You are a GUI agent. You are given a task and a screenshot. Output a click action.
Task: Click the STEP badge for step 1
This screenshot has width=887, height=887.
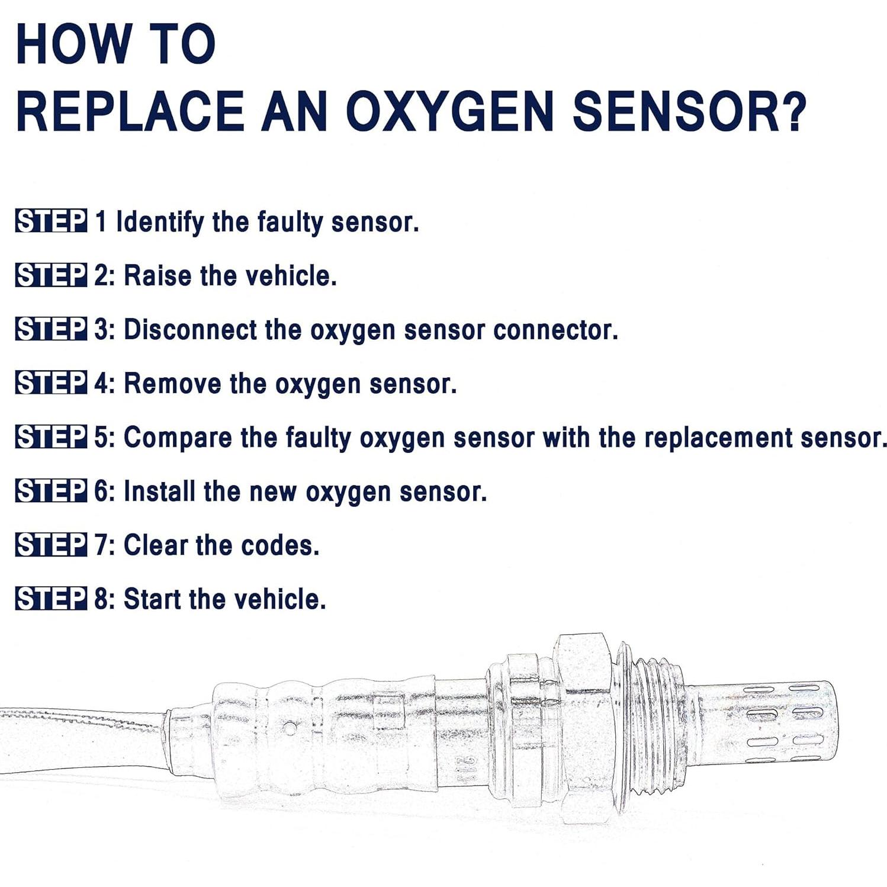pos(51,221)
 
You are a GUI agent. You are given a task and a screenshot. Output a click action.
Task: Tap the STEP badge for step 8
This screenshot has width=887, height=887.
pos(51,599)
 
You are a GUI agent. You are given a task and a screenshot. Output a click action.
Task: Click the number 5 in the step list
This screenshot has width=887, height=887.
pos(101,438)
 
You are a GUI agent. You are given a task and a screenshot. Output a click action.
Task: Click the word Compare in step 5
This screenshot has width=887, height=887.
pos(178,438)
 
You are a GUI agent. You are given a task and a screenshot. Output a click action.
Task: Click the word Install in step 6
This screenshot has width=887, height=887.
pos(159,491)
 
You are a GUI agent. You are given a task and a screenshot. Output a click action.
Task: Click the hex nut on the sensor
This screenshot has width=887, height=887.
pos(583,728)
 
